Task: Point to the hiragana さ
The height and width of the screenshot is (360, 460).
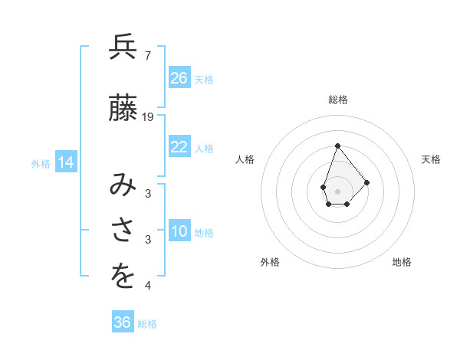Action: click(123, 231)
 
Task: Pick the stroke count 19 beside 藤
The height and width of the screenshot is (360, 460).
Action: click(148, 117)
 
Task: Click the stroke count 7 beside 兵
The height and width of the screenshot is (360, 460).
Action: click(147, 55)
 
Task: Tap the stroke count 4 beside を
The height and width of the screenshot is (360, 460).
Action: click(147, 286)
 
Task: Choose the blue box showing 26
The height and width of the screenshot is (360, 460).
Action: click(179, 78)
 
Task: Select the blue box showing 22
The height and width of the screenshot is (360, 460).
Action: click(179, 147)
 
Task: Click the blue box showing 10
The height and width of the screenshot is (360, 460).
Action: click(179, 231)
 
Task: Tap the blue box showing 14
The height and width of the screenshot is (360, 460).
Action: click(65, 162)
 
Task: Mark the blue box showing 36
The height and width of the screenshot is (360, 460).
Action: click(123, 322)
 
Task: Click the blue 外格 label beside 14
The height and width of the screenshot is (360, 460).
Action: click(41, 163)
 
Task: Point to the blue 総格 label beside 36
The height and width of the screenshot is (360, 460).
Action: click(148, 324)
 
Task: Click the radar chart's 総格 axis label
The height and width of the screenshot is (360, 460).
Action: click(338, 100)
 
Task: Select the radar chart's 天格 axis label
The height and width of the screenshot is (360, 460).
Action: click(432, 159)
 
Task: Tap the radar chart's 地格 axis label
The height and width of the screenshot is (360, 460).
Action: click(402, 262)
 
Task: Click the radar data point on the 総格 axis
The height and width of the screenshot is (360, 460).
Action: click(337, 145)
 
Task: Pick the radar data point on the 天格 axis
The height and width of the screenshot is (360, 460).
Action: click(367, 182)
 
